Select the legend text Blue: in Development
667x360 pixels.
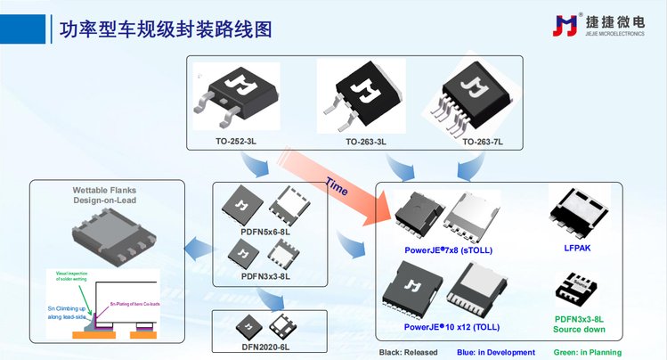[497, 352]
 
